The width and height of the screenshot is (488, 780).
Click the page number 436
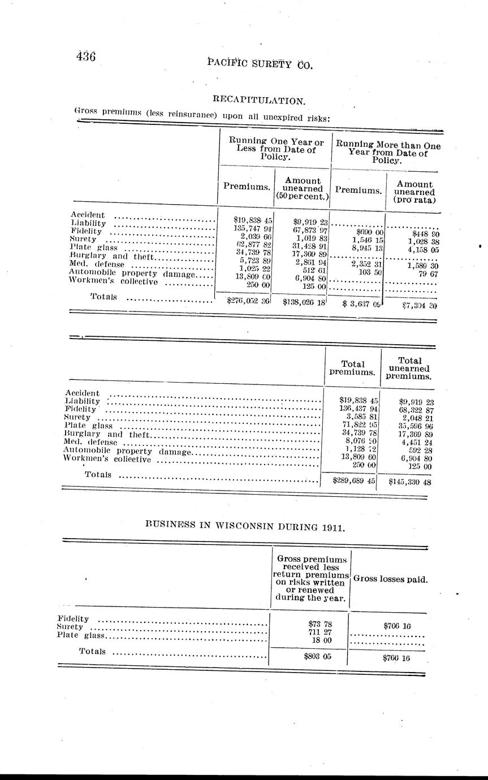pos(86,56)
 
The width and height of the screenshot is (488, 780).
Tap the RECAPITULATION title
pos(259,101)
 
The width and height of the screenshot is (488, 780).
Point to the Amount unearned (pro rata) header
pos(414,192)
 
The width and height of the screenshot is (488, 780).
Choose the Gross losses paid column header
pos(390,579)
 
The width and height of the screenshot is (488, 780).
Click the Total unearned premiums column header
pos(409,368)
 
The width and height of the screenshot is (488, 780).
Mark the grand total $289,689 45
pos(355,482)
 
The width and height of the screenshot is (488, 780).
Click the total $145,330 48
pos(410,482)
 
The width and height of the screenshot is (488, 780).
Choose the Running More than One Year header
pos(388,152)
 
